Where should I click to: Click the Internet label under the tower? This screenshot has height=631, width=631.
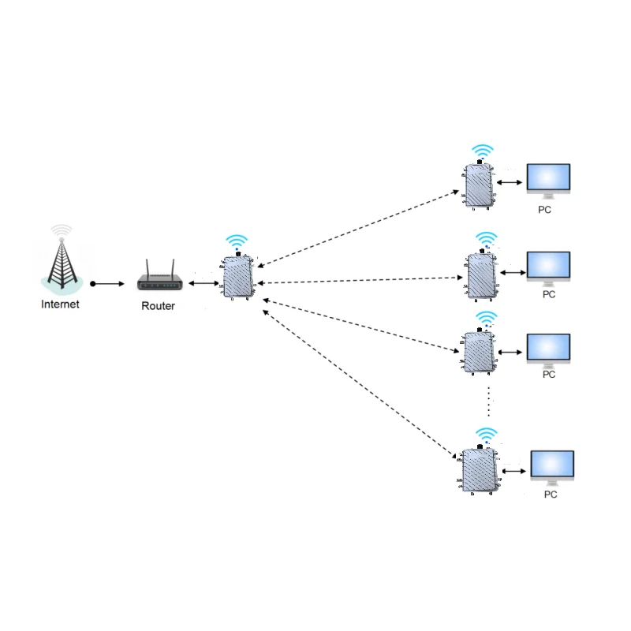click(x=61, y=304)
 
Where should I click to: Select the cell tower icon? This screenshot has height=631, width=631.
click(x=61, y=257)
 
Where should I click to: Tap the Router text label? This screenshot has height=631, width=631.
click(x=158, y=306)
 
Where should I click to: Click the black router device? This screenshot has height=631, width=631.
click(x=160, y=276)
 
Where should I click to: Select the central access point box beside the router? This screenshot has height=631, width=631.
click(x=237, y=277)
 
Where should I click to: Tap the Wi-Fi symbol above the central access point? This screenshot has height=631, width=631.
click(x=236, y=241)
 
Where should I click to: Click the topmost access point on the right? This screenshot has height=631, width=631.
click(x=478, y=186)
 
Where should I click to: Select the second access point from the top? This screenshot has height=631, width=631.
click(x=480, y=276)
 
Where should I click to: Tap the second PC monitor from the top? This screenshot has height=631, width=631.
click(x=548, y=267)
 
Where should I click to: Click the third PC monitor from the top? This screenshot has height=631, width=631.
click(x=548, y=349)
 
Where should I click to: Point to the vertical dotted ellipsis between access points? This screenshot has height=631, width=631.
click(x=489, y=401)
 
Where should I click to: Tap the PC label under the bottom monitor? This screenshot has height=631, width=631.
click(x=551, y=495)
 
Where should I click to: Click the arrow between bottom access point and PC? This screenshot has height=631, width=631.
click(x=514, y=471)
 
